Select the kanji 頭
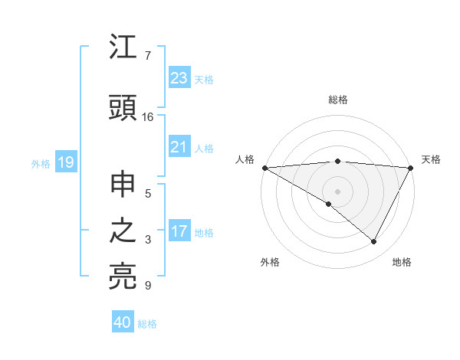point(123,107)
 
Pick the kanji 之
point(123,231)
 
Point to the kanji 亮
point(123,276)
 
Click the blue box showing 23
point(179,78)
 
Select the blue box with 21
point(179,147)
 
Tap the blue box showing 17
point(179,231)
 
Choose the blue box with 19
point(65,162)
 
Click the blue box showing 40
point(123,322)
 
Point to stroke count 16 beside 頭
point(148,117)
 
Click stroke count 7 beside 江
point(148,56)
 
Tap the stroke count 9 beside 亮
point(148,286)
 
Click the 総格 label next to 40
point(147,324)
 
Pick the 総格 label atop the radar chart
point(337,100)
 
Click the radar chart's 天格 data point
point(411,168)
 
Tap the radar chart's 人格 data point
point(264,168)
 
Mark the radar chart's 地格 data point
point(374,241)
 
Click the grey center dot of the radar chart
point(337,191)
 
